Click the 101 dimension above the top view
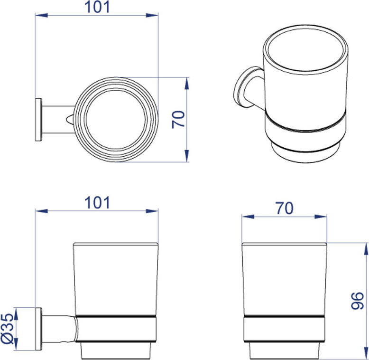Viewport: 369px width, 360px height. click(97, 7)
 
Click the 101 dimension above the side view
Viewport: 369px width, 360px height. click(97, 203)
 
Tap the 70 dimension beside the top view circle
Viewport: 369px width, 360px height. click(178, 120)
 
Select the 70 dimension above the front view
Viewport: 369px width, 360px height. click(285, 208)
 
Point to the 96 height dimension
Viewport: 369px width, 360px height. click(358, 301)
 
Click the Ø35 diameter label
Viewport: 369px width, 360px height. click(7, 328)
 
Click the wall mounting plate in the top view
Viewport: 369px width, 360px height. click(38, 120)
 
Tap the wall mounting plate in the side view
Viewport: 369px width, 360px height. click(38, 329)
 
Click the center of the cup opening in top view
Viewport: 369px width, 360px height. click(116, 119)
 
